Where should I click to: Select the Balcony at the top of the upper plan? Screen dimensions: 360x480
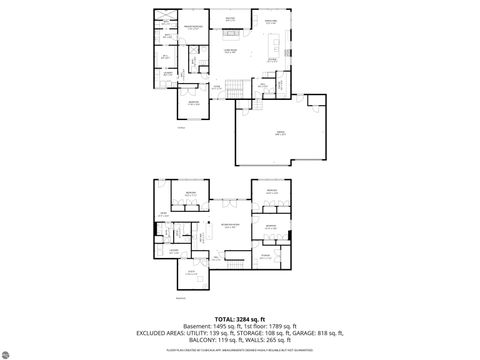coord(230,18)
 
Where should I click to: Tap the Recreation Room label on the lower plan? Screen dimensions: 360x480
coord(229,225)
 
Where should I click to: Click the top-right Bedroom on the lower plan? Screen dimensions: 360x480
coord(270,191)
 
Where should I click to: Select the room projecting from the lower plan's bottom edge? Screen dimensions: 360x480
coord(192,274)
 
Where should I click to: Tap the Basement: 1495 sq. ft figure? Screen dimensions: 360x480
coord(200,325)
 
